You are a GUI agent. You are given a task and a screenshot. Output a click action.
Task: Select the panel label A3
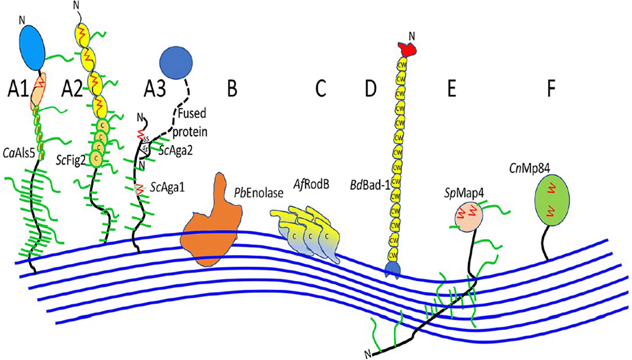tap(155, 89)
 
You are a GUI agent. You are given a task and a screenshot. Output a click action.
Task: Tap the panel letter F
tap(551, 88)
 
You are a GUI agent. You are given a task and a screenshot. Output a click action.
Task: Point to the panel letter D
tap(371, 88)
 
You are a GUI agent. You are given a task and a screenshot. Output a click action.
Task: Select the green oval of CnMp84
tap(552, 200)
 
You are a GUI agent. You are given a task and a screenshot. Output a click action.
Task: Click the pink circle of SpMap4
tap(469, 217)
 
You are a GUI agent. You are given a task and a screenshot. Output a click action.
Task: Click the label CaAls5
tap(19, 153)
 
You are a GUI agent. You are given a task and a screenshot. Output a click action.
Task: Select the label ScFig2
tap(71, 160)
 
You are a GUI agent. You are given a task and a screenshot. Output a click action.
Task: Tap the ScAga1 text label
tap(167, 187)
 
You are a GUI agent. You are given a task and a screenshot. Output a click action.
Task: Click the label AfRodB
tap(311, 184)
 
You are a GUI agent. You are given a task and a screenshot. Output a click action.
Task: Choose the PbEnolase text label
tap(259, 193)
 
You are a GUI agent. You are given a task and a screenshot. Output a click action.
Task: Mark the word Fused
tap(192, 113)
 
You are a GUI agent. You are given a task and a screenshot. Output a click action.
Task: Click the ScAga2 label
tap(176, 150)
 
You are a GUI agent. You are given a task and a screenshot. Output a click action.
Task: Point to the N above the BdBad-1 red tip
tap(412, 36)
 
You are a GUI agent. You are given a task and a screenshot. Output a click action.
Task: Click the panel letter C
tap(321, 88)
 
